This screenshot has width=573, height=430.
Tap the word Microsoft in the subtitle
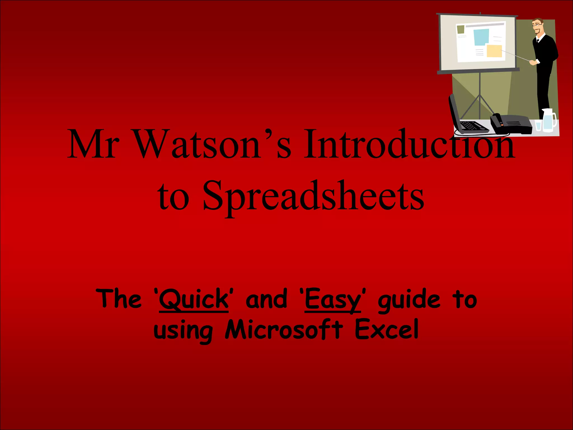point(284,329)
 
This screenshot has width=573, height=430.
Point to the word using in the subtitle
point(183,331)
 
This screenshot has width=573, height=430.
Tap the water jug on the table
point(548,120)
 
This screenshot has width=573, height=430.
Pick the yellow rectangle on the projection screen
point(494,51)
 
